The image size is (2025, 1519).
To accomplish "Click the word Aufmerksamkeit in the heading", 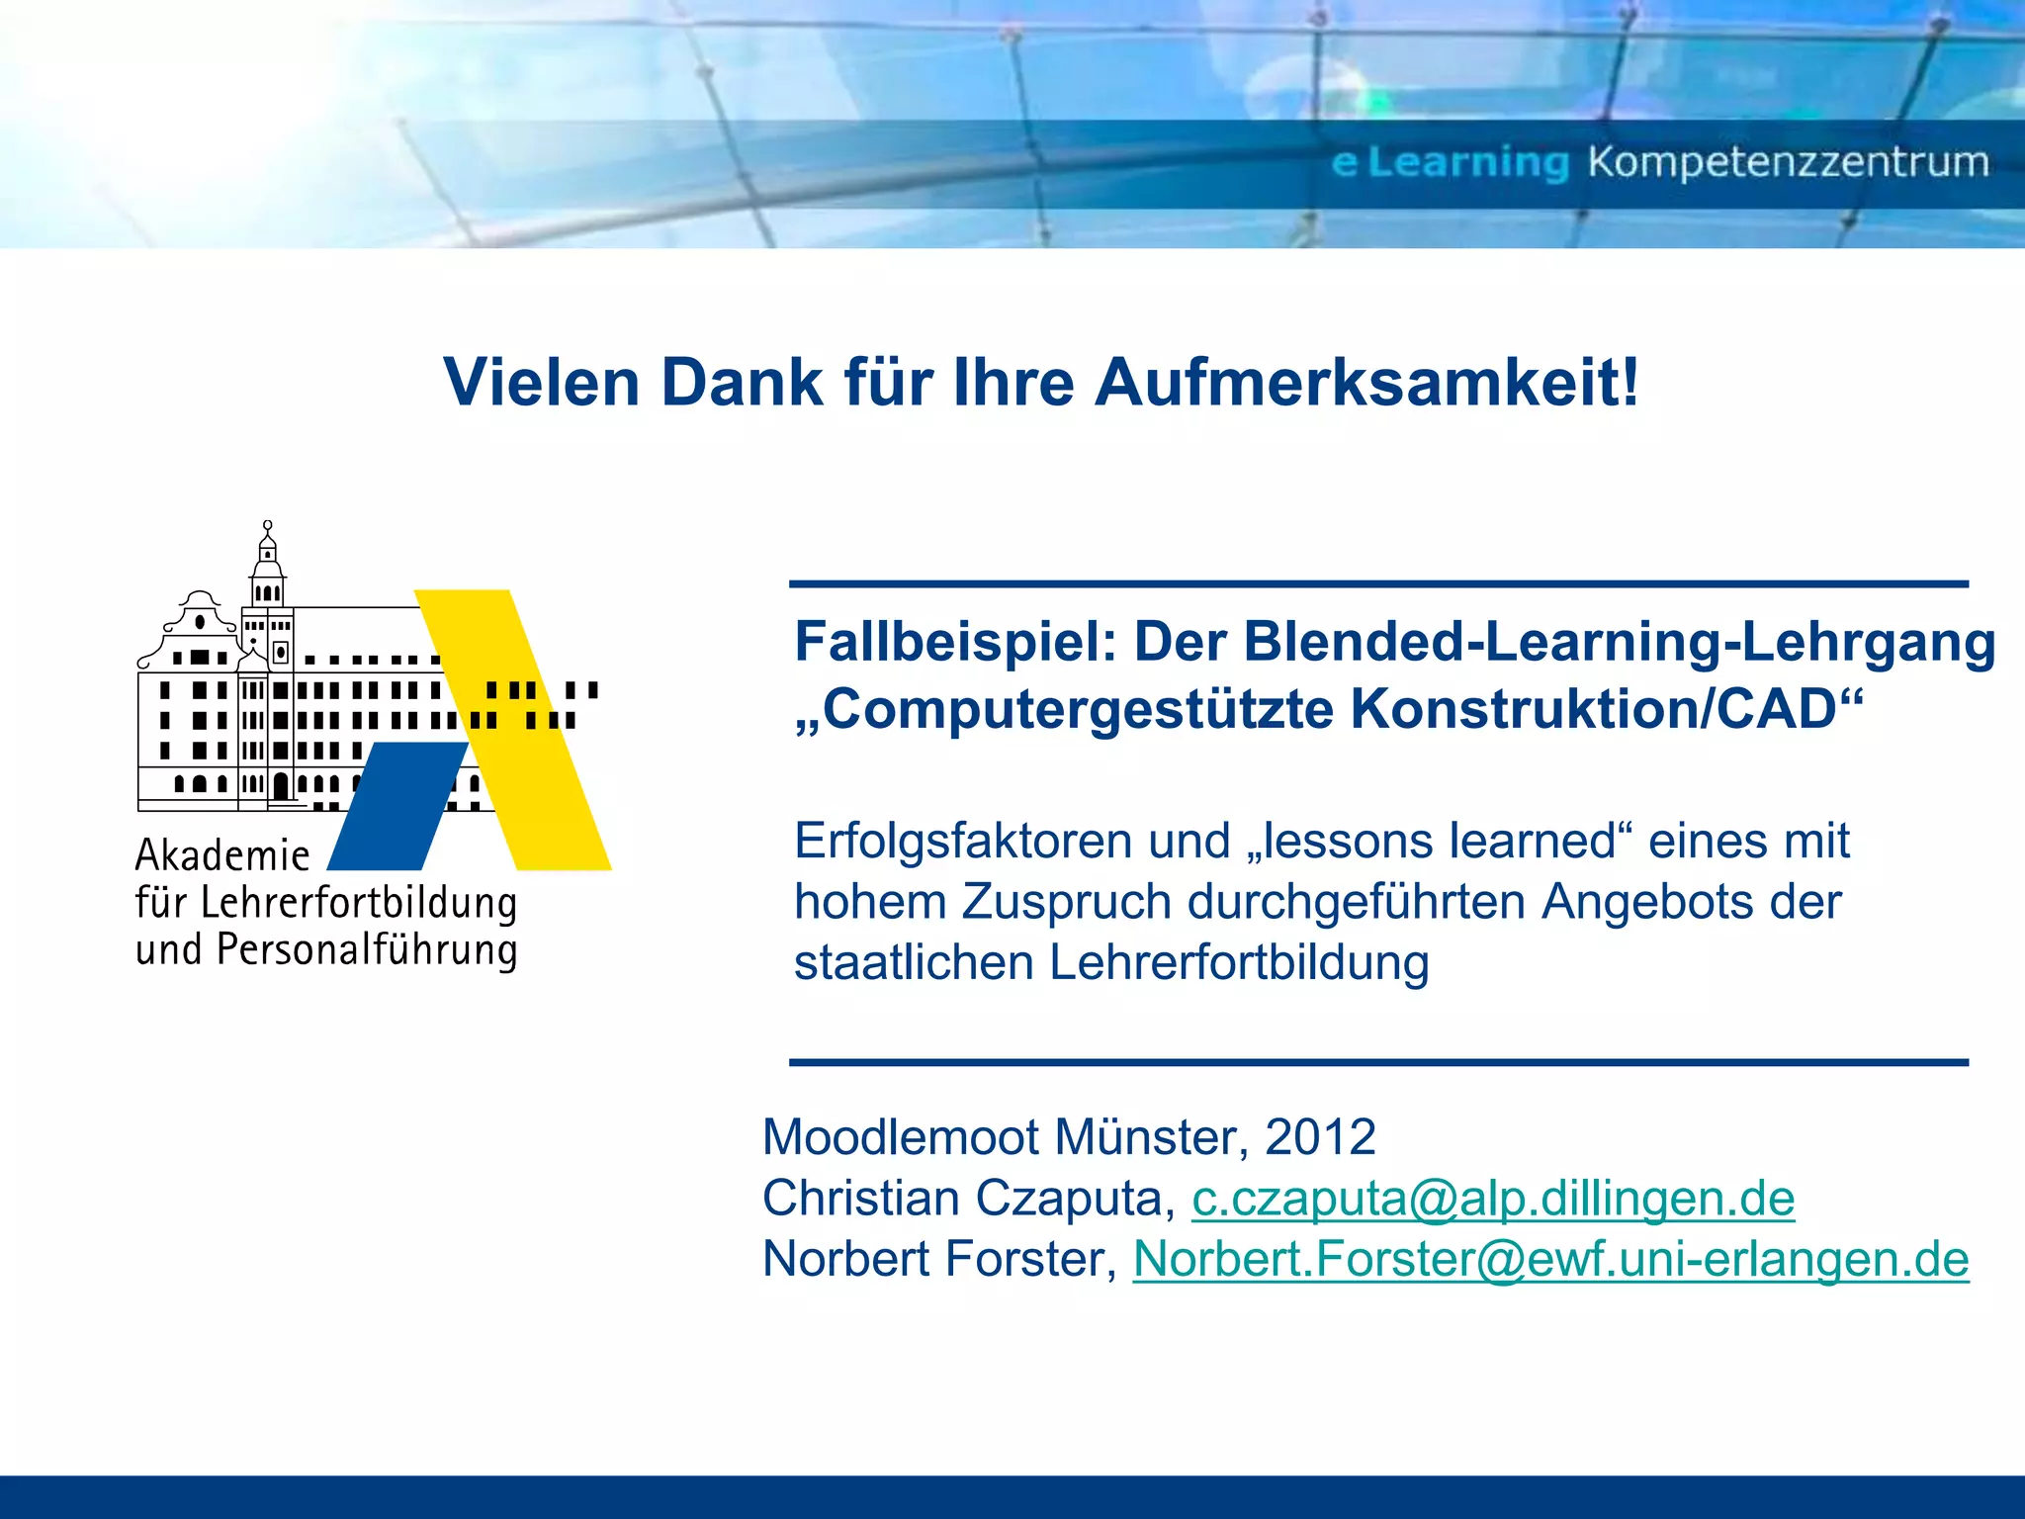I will [x=1366, y=383].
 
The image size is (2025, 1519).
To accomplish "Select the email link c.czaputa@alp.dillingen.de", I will [x=1493, y=1199].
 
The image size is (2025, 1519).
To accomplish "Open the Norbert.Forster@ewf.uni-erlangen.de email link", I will [x=1550, y=1260].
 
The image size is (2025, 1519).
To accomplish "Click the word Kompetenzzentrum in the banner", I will [x=1788, y=162].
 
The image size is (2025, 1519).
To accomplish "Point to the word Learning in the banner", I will [x=1468, y=162].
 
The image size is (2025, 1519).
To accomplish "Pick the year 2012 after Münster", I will [x=1320, y=1137].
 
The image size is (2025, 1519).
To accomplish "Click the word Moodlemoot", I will [x=900, y=1137].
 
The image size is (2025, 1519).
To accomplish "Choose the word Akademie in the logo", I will [x=222, y=855].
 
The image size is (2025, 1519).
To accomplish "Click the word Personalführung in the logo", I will [x=367, y=950].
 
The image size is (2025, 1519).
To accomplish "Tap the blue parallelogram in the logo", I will [x=396, y=806].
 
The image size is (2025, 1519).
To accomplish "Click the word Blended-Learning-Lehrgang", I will [x=1619, y=643].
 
